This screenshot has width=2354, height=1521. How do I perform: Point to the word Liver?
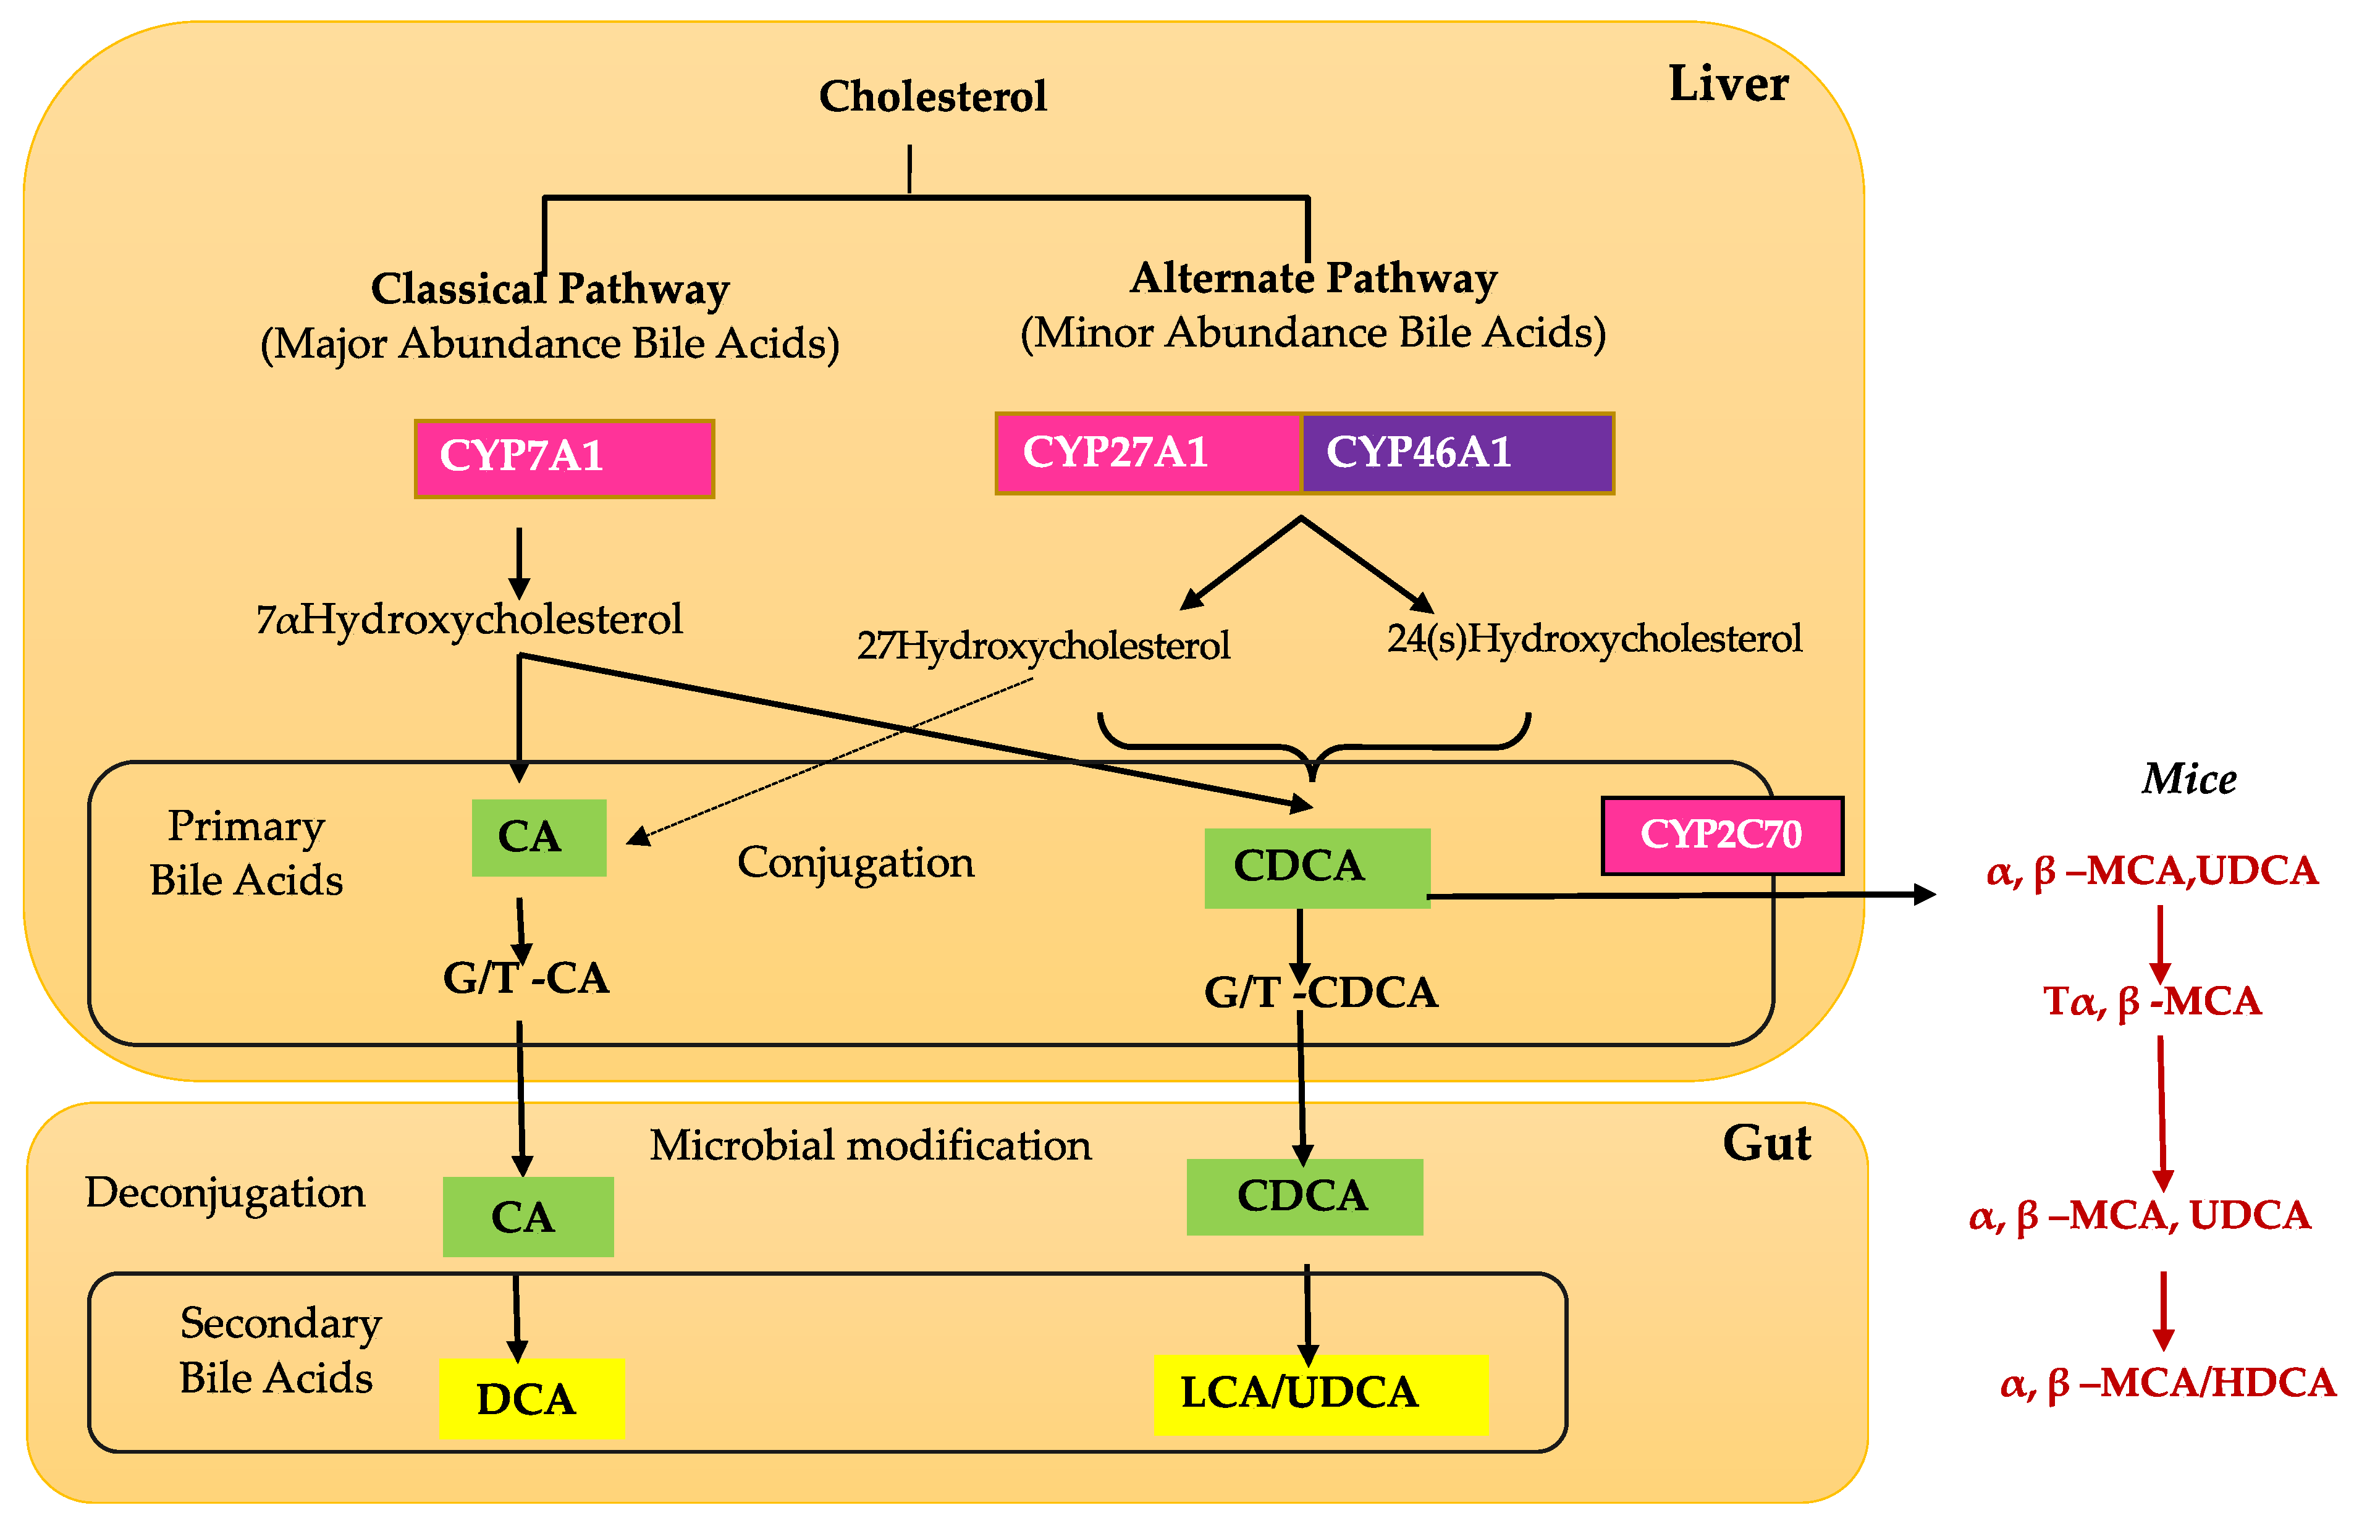[1728, 84]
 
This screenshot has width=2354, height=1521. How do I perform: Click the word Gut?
[1766, 1144]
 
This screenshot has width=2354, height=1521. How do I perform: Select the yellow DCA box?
[531, 1399]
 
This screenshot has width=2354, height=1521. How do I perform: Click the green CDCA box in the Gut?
[1304, 1196]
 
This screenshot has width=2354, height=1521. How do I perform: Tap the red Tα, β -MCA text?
[2151, 1001]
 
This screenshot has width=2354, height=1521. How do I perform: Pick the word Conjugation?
[856, 863]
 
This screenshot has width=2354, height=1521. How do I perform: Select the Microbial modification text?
[871, 1145]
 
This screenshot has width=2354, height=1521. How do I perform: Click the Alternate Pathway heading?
[1313, 279]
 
